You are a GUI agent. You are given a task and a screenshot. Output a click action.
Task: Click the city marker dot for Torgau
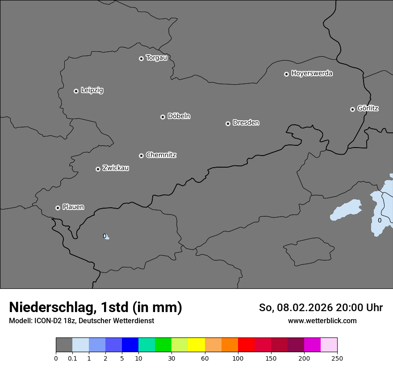[x=141, y=58]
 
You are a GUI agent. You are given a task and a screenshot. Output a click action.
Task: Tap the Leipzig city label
[x=92, y=90]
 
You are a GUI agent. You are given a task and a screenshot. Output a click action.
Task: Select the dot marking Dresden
[x=228, y=123]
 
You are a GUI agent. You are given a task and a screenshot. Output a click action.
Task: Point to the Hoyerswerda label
[x=312, y=73]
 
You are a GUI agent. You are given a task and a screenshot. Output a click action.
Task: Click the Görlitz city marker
[x=352, y=109]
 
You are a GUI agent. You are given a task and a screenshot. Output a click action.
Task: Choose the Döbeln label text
[x=179, y=116]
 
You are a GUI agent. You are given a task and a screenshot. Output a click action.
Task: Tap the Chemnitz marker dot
[x=141, y=156]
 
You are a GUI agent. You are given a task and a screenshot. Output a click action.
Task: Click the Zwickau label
[x=116, y=168]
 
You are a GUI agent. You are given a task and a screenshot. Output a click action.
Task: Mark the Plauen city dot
[x=58, y=208]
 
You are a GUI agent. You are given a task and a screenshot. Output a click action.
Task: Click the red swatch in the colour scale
[x=246, y=345]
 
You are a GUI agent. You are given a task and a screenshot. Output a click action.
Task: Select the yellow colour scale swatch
[x=196, y=345]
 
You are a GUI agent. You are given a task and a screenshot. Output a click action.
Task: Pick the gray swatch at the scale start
[x=64, y=345]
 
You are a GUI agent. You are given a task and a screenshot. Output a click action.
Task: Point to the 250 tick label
[x=337, y=358]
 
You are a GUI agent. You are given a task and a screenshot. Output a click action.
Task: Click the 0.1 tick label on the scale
[x=72, y=358]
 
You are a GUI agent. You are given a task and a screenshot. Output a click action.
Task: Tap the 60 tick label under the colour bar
[x=205, y=358]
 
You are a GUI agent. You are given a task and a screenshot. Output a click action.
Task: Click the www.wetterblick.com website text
[x=322, y=321]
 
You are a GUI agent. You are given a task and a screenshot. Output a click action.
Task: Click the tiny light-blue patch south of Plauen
[x=107, y=237]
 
